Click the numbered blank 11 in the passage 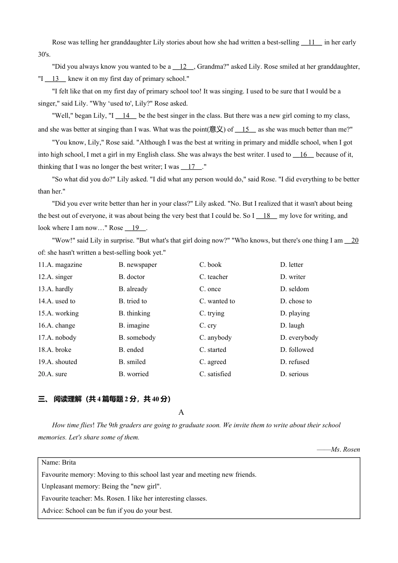click(311, 42)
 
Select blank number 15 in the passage click(246, 129)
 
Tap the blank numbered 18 click(266, 216)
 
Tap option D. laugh click(292, 325)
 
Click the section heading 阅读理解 click(67, 399)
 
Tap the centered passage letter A click(181, 413)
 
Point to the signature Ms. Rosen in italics click(345, 449)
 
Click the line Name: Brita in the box click(59, 462)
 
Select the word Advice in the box click(52, 511)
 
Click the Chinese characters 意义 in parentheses click(217, 129)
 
